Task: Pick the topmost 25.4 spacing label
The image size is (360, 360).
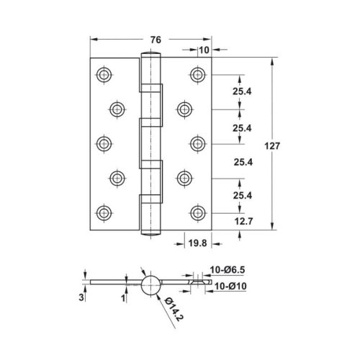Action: click(242, 91)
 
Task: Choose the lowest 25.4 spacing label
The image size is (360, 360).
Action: click(242, 194)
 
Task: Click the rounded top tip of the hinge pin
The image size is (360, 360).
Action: click(151, 55)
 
